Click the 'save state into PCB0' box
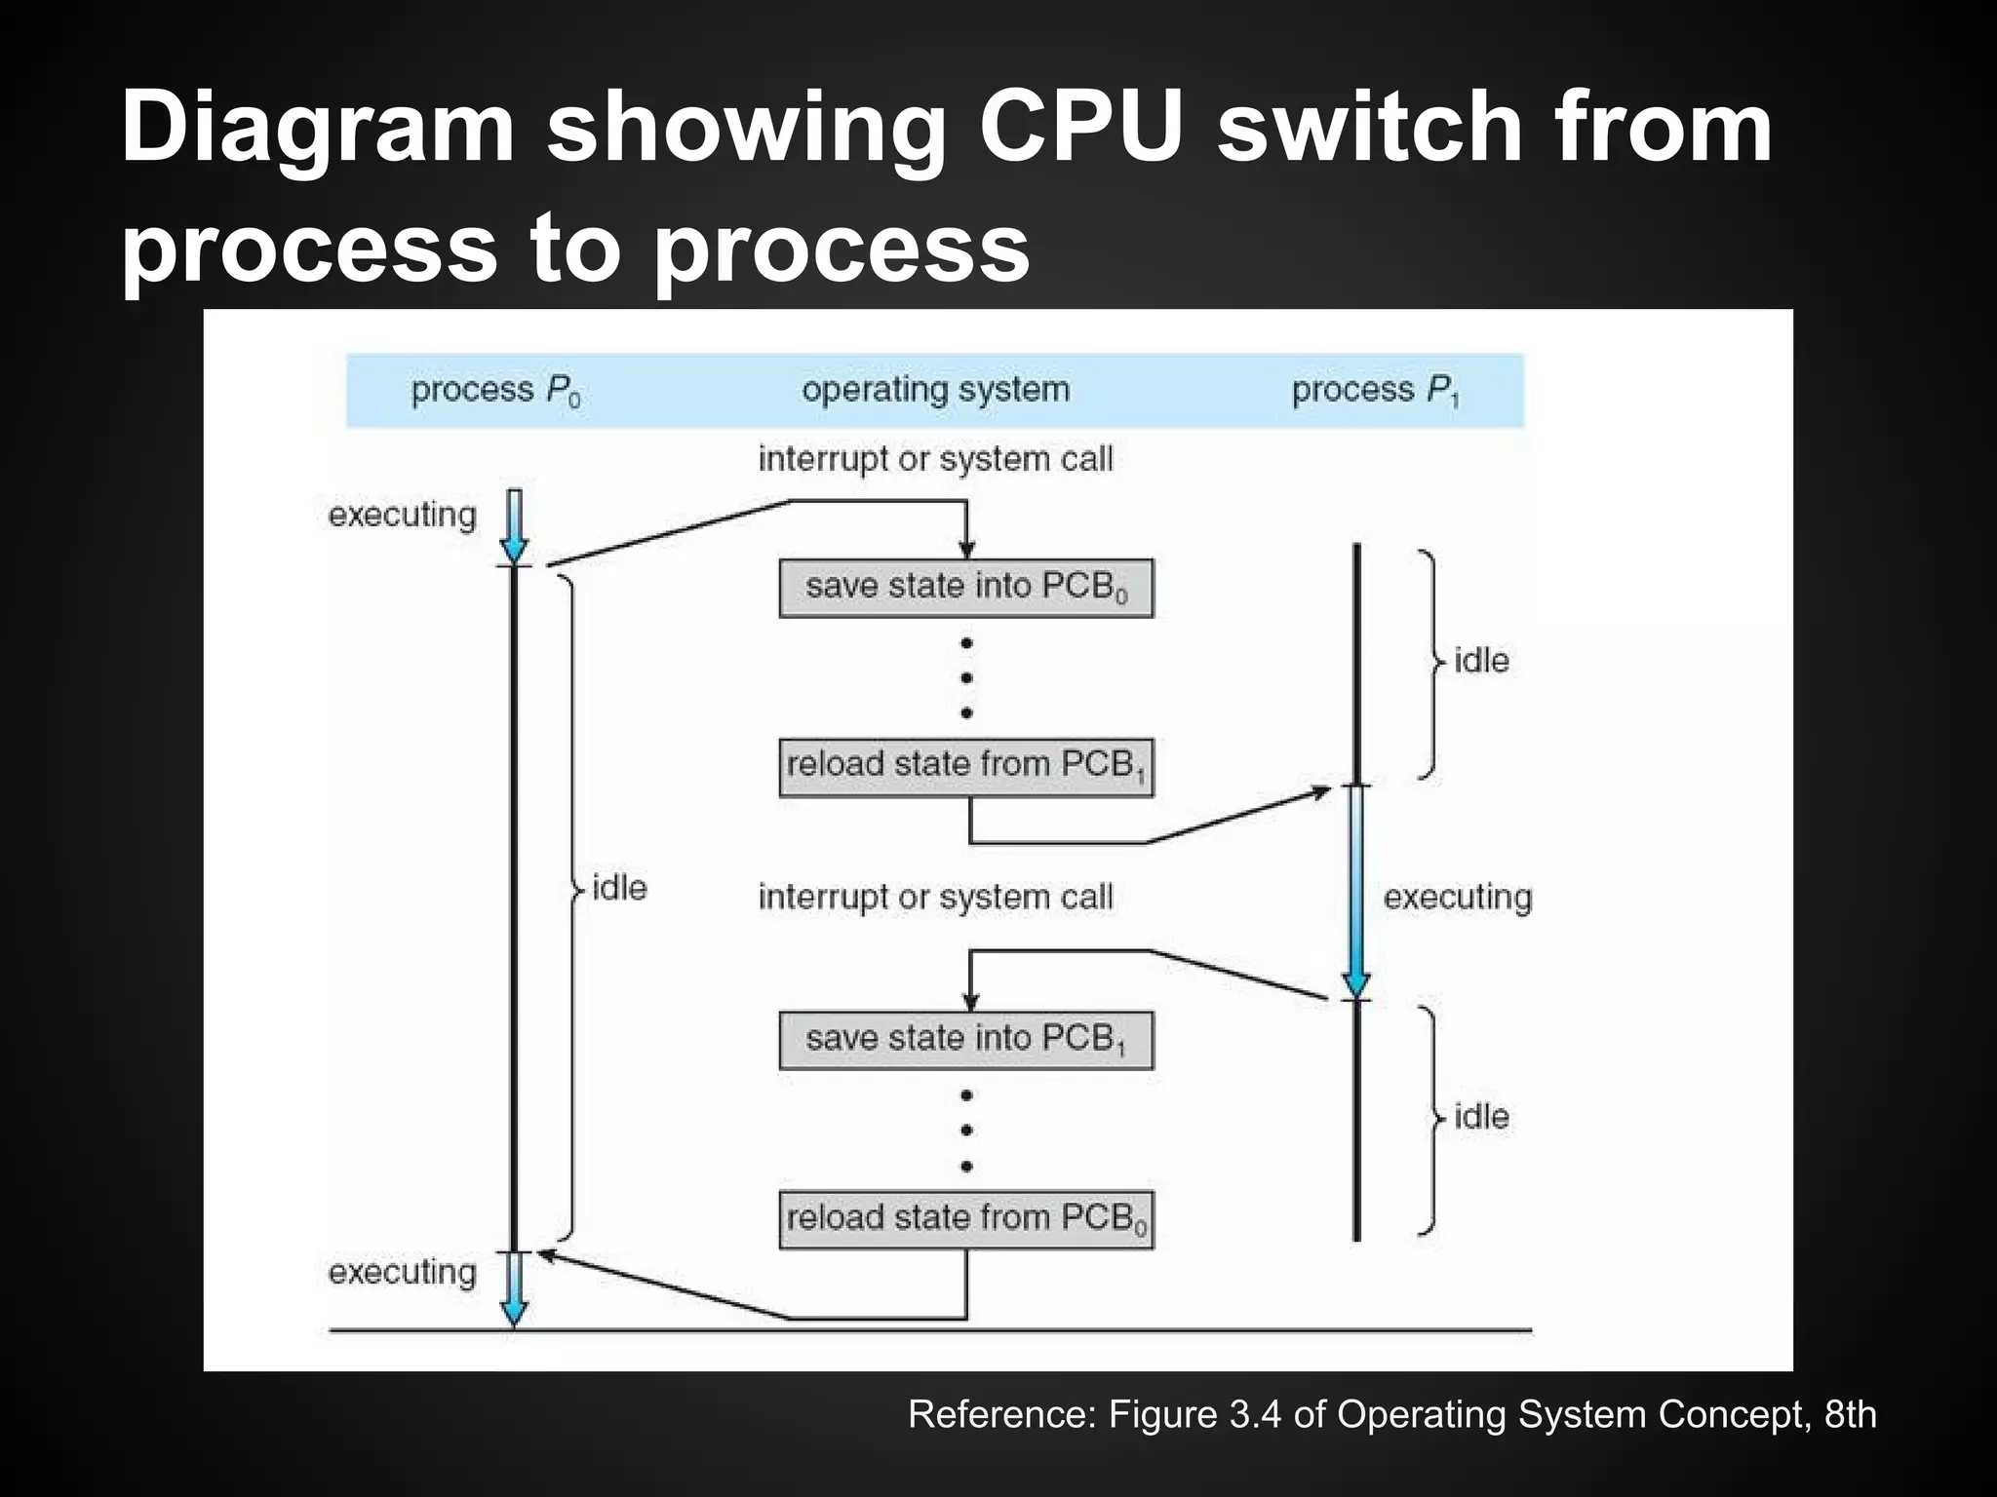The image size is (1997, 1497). click(965, 588)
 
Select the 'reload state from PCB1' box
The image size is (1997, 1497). click(965, 767)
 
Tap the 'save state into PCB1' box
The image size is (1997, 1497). click(965, 1040)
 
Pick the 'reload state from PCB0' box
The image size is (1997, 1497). click(965, 1219)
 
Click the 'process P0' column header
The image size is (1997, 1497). click(495, 391)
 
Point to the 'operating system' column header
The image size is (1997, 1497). click(935, 390)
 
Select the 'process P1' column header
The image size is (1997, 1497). click(1376, 391)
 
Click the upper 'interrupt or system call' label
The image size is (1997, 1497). click(935, 459)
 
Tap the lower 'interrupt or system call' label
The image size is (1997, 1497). click(935, 897)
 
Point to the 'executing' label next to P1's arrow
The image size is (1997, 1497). click(1457, 897)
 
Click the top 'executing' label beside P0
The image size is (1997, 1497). click(402, 515)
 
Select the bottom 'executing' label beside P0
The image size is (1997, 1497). click(402, 1272)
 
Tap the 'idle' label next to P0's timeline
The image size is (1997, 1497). click(618, 888)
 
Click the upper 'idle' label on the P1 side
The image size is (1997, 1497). click(1480, 661)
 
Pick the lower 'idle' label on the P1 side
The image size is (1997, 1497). click(1480, 1117)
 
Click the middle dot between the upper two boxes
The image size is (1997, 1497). click(966, 678)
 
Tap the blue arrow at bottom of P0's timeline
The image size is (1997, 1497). click(514, 1288)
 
